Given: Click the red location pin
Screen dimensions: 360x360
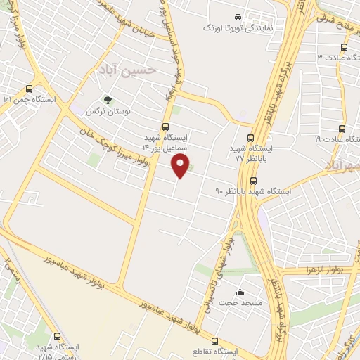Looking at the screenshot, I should (x=181, y=166).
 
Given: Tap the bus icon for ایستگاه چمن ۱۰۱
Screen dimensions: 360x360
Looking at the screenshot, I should (x=29, y=89).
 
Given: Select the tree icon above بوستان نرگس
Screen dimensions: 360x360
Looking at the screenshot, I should (x=108, y=100).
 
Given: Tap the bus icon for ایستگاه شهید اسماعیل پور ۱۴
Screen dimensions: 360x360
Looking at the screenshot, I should (x=165, y=127).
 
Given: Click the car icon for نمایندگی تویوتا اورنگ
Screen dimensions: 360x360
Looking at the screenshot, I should (x=238, y=16).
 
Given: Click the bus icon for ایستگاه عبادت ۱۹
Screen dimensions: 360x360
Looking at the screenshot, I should (x=342, y=129).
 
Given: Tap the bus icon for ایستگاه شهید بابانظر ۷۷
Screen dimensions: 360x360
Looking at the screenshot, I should (x=252, y=138).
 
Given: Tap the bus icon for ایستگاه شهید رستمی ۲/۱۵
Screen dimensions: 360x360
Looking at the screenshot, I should (x=57, y=336).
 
